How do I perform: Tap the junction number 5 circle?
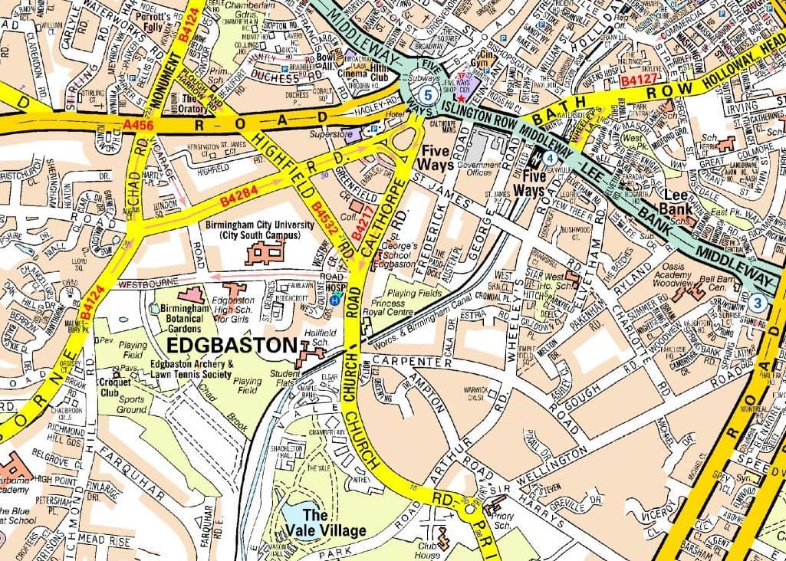click(x=429, y=94)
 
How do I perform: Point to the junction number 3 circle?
click(x=758, y=302)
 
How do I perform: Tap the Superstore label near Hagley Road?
click(x=329, y=135)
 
